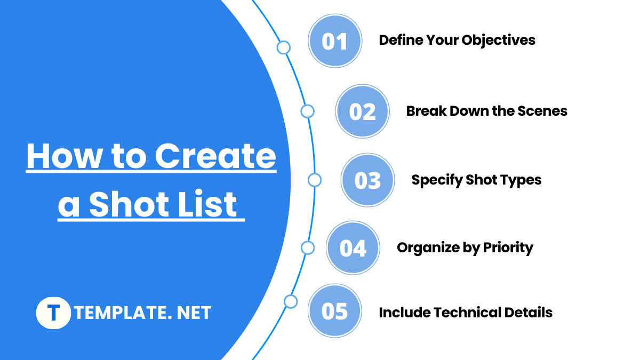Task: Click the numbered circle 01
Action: click(335, 41)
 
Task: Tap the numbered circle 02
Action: click(363, 111)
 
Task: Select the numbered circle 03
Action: click(368, 180)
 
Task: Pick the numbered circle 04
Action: click(353, 248)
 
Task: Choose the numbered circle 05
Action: click(335, 311)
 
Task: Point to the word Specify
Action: click(435, 180)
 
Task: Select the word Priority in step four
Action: click(508, 247)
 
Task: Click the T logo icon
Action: click(53, 313)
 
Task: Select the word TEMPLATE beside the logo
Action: click(116, 313)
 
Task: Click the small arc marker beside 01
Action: click(284, 48)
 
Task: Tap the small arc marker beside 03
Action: click(315, 180)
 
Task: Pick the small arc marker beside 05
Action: click(291, 302)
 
